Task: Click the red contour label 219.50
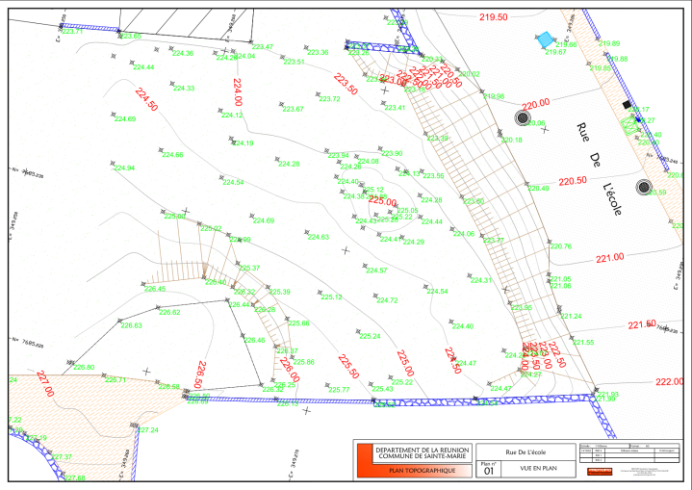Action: pos(493,17)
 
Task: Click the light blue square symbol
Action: pos(545,39)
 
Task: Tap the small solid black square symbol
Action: pos(626,103)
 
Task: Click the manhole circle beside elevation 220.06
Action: pos(523,117)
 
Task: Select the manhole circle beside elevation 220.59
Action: pos(644,187)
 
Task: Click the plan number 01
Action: pos(487,472)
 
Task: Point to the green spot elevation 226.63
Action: pos(131,325)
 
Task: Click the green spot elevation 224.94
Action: pos(124,168)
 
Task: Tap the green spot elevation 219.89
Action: pos(609,44)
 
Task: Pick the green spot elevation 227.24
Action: pos(148,429)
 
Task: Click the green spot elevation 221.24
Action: pos(571,316)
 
